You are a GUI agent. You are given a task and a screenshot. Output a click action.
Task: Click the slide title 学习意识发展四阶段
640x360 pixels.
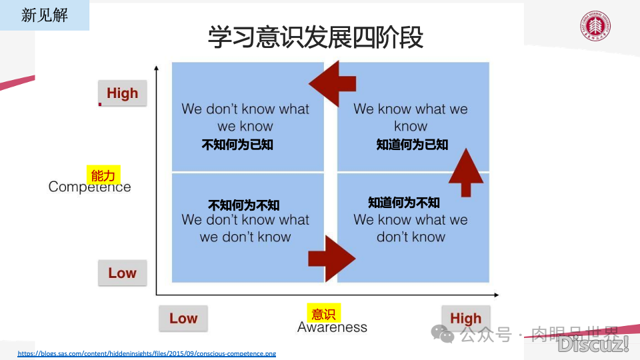(315, 37)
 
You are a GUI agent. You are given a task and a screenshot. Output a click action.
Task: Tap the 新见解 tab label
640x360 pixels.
(45, 15)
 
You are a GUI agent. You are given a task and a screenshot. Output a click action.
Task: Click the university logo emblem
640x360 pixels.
(595, 27)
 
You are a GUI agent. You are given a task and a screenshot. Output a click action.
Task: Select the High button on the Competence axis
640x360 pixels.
(122, 93)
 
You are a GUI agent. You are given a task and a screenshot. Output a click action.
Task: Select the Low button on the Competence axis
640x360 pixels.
(122, 273)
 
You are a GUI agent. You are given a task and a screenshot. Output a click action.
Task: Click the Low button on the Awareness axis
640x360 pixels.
(183, 319)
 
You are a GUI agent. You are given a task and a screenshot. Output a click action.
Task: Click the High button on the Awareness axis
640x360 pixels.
(465, 319)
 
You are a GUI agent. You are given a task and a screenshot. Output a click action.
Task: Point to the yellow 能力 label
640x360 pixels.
(103, 176)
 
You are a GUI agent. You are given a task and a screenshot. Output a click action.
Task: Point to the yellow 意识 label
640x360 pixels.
(323, 314)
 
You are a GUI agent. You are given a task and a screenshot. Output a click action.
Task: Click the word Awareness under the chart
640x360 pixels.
(332, 327)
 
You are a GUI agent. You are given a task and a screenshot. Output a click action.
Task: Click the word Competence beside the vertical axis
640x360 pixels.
(89, 187)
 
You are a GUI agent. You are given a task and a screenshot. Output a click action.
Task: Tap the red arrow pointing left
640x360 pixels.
(333, 84)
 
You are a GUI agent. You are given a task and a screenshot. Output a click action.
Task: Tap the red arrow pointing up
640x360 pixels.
(466, 172)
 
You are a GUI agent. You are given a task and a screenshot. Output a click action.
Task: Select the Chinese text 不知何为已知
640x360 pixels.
(237, 144)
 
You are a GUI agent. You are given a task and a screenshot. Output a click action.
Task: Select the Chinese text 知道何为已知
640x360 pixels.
(412, 144)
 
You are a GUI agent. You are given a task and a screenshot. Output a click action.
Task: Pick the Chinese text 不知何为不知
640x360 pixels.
(243, 205)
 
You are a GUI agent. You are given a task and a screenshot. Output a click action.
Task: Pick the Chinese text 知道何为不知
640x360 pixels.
(404, 203)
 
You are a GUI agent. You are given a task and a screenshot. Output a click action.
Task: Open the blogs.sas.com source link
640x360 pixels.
(147, 353)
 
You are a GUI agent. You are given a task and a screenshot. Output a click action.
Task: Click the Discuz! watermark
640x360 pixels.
(593, 344)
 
